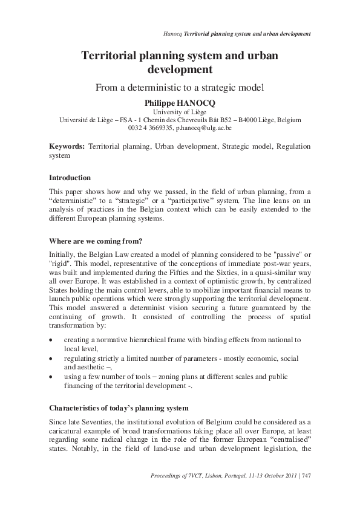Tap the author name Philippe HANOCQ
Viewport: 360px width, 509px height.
[x=180, y=103]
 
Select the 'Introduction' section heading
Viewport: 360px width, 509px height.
[x=70, y=178]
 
